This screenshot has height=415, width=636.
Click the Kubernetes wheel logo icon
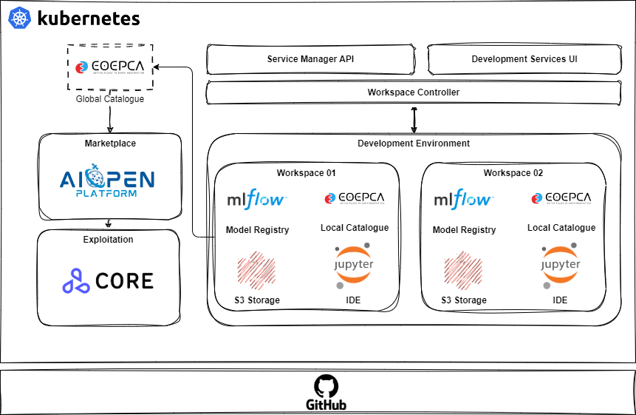[x=20, y=18]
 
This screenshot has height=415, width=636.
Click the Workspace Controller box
[x=413, y=92]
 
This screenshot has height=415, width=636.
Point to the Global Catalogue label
[x=109, y=98]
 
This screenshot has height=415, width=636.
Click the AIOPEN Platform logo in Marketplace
[x=108, y=182]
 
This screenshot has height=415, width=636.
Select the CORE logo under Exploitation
[x=109, y=280]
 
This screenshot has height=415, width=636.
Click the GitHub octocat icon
[x=326, y=386]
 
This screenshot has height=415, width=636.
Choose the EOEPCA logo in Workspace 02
[x=561, y=198]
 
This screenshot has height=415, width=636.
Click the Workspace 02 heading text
[x=513, y=173]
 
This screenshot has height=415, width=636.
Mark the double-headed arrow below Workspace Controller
[x=414, y=119]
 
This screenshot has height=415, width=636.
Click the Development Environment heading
[x=413, y=144]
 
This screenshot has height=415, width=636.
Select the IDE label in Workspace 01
[x=354, y=300]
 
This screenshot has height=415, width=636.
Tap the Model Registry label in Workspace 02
[x=464, y=230]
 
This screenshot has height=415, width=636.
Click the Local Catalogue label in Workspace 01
[x=355, y=228]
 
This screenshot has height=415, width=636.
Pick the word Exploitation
[x=109, y=240]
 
